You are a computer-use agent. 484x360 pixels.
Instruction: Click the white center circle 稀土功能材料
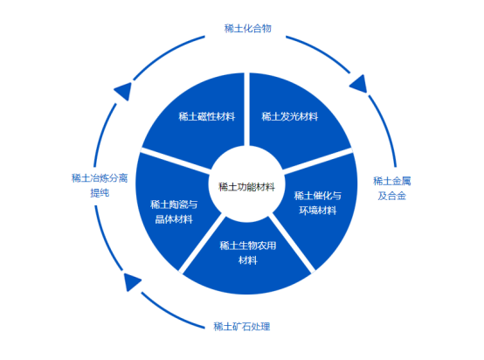[247, 186]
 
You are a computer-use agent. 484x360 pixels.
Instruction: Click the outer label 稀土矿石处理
[242, 327]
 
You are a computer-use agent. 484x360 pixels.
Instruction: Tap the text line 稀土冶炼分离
[99, 177]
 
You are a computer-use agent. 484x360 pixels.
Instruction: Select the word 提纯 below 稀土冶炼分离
[99, 192]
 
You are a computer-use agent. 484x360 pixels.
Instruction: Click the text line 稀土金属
[391, 181]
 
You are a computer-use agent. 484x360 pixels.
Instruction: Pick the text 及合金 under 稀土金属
[391, 196]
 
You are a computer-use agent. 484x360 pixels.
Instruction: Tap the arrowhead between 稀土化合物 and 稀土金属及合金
[359, 85]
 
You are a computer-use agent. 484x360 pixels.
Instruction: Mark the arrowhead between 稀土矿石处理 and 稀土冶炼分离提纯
[132, 282]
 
